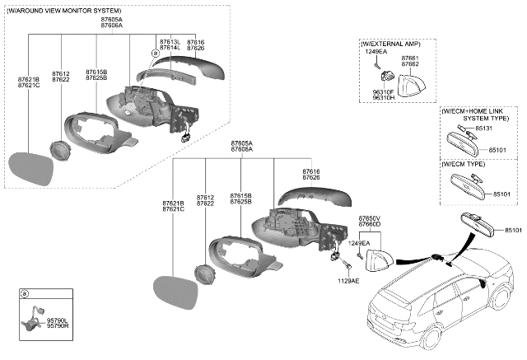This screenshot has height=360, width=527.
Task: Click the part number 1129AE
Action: (x=347, y=280)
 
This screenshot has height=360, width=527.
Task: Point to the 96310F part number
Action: (x=384, y=91)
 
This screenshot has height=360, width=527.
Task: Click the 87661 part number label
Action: (x=409, y=58)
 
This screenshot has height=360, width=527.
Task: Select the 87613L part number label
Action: (x=169, y=41)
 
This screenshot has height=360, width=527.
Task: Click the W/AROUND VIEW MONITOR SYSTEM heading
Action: (x=65, y=10)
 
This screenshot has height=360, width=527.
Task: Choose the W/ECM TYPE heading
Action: (x=464, y=165)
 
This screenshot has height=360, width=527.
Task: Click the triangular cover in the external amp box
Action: (x=411, y=84)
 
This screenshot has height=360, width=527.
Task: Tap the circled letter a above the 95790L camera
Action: (x=24, y=294)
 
